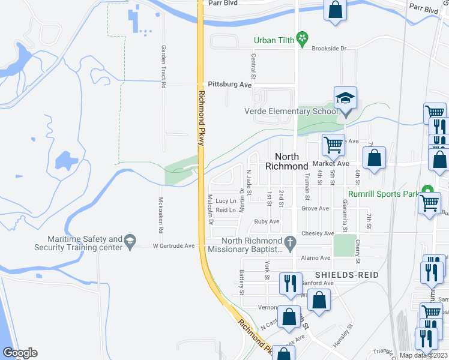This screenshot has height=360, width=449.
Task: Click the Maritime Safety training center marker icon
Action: (x=129, y=243)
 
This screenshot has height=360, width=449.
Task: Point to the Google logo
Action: (x=20, y=353)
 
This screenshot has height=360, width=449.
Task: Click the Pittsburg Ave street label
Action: (x=229, y=85)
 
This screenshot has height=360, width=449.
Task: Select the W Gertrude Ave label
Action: (x=174, y=245)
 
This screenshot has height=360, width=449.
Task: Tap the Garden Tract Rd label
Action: (x=163, y=67)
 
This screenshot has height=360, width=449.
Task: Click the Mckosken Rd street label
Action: (x=161, y=215)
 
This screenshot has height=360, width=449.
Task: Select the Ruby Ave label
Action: (x=267, y=221)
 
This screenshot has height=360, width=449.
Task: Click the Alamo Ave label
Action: (x=316, y=258)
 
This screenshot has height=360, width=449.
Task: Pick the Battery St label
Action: (x=242, y=282)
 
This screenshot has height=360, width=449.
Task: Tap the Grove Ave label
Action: (x=315, y=209)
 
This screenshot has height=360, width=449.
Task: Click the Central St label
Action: (x=253, y=67)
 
